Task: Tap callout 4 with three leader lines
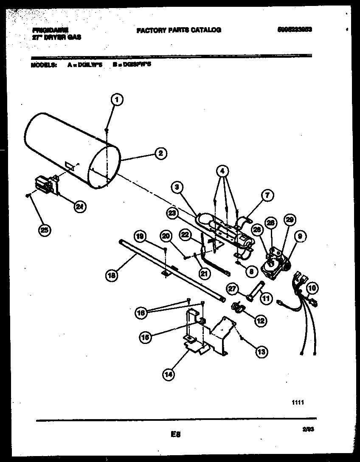click(x=222, y=172)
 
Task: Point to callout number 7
click(x=267, y=196)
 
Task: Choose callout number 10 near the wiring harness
click(x=312, y=288)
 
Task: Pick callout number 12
click(x=260, y=321)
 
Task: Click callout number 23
click(x=172, y=214)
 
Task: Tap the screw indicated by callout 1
click(x=107, y=130)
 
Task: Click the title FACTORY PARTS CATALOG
click(x=178, y=30)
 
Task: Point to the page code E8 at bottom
click(x=176, y=434)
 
